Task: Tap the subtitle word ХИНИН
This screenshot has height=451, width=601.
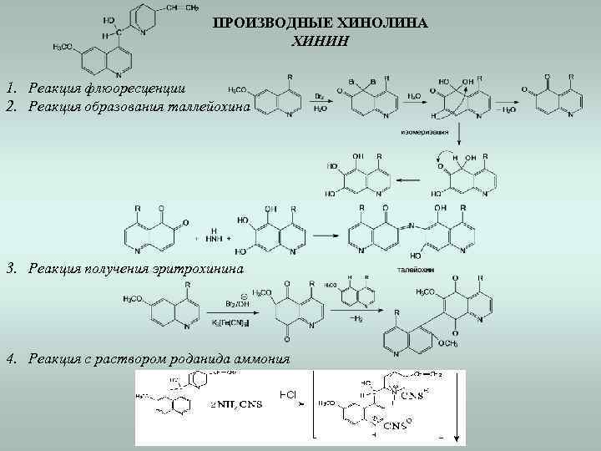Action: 319,40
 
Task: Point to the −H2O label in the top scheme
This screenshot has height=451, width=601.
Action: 505,110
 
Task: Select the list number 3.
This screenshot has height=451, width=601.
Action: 9,268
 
